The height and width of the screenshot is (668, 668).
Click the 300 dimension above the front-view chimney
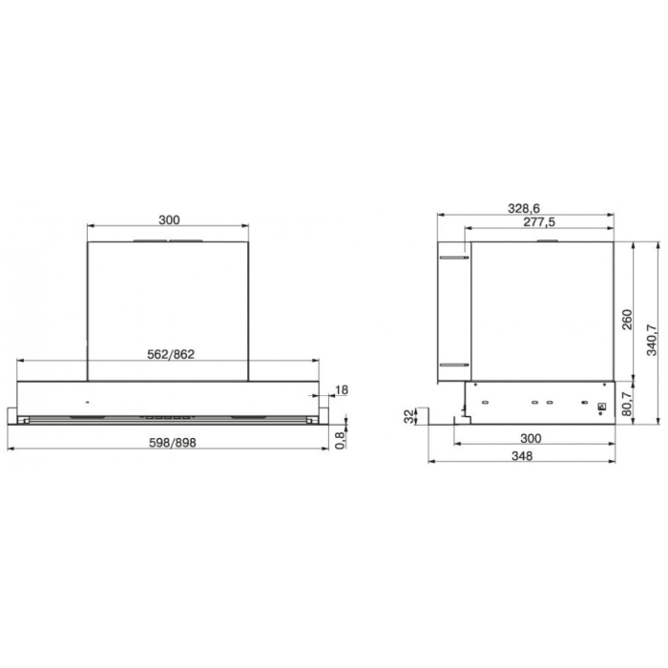click(x=168, y=219)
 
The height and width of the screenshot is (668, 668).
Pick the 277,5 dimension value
click(x=540, y=221)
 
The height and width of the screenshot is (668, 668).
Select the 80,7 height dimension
click(x=627, y=400)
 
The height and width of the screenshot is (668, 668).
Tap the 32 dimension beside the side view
click(x=409, y=415)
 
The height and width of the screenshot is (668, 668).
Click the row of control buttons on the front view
click(x=168, y=415)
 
